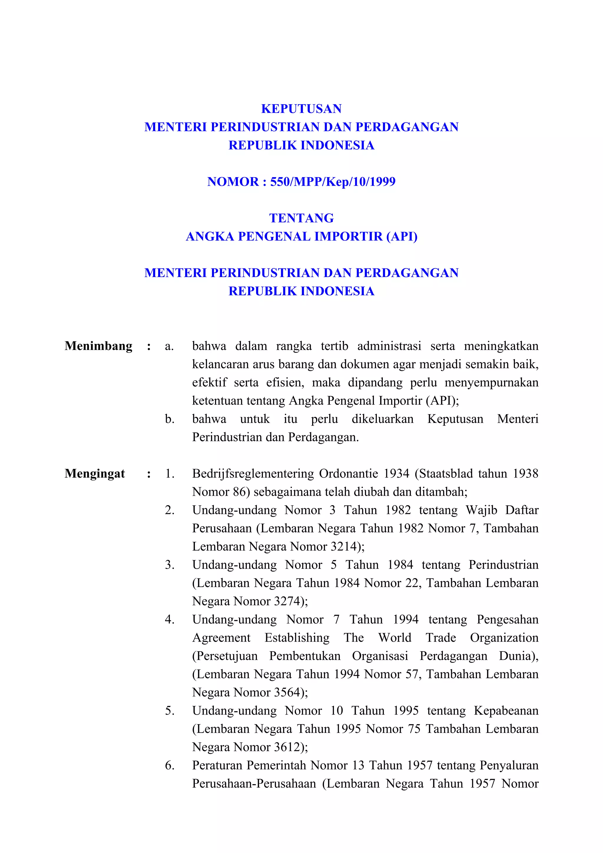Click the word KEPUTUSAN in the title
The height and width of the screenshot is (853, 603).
(x=301, y=109)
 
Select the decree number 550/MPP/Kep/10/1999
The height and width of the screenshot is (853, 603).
(x=332, y=182)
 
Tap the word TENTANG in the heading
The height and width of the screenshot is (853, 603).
(x=301, y=218)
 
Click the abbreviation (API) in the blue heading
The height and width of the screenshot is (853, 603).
(x=402, y=236)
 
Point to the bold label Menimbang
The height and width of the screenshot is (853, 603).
(x=98, y=346)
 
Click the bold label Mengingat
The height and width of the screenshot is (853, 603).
(x=95, y=473)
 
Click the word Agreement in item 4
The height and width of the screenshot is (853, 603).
(x=221, y=637)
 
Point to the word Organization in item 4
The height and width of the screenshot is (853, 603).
(x=504, y=637)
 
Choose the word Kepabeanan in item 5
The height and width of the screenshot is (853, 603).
(x=506, y=710)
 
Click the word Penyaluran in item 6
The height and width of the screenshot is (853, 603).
(x=509, y=765)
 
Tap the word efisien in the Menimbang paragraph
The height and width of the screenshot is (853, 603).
(x=285, y=382)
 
